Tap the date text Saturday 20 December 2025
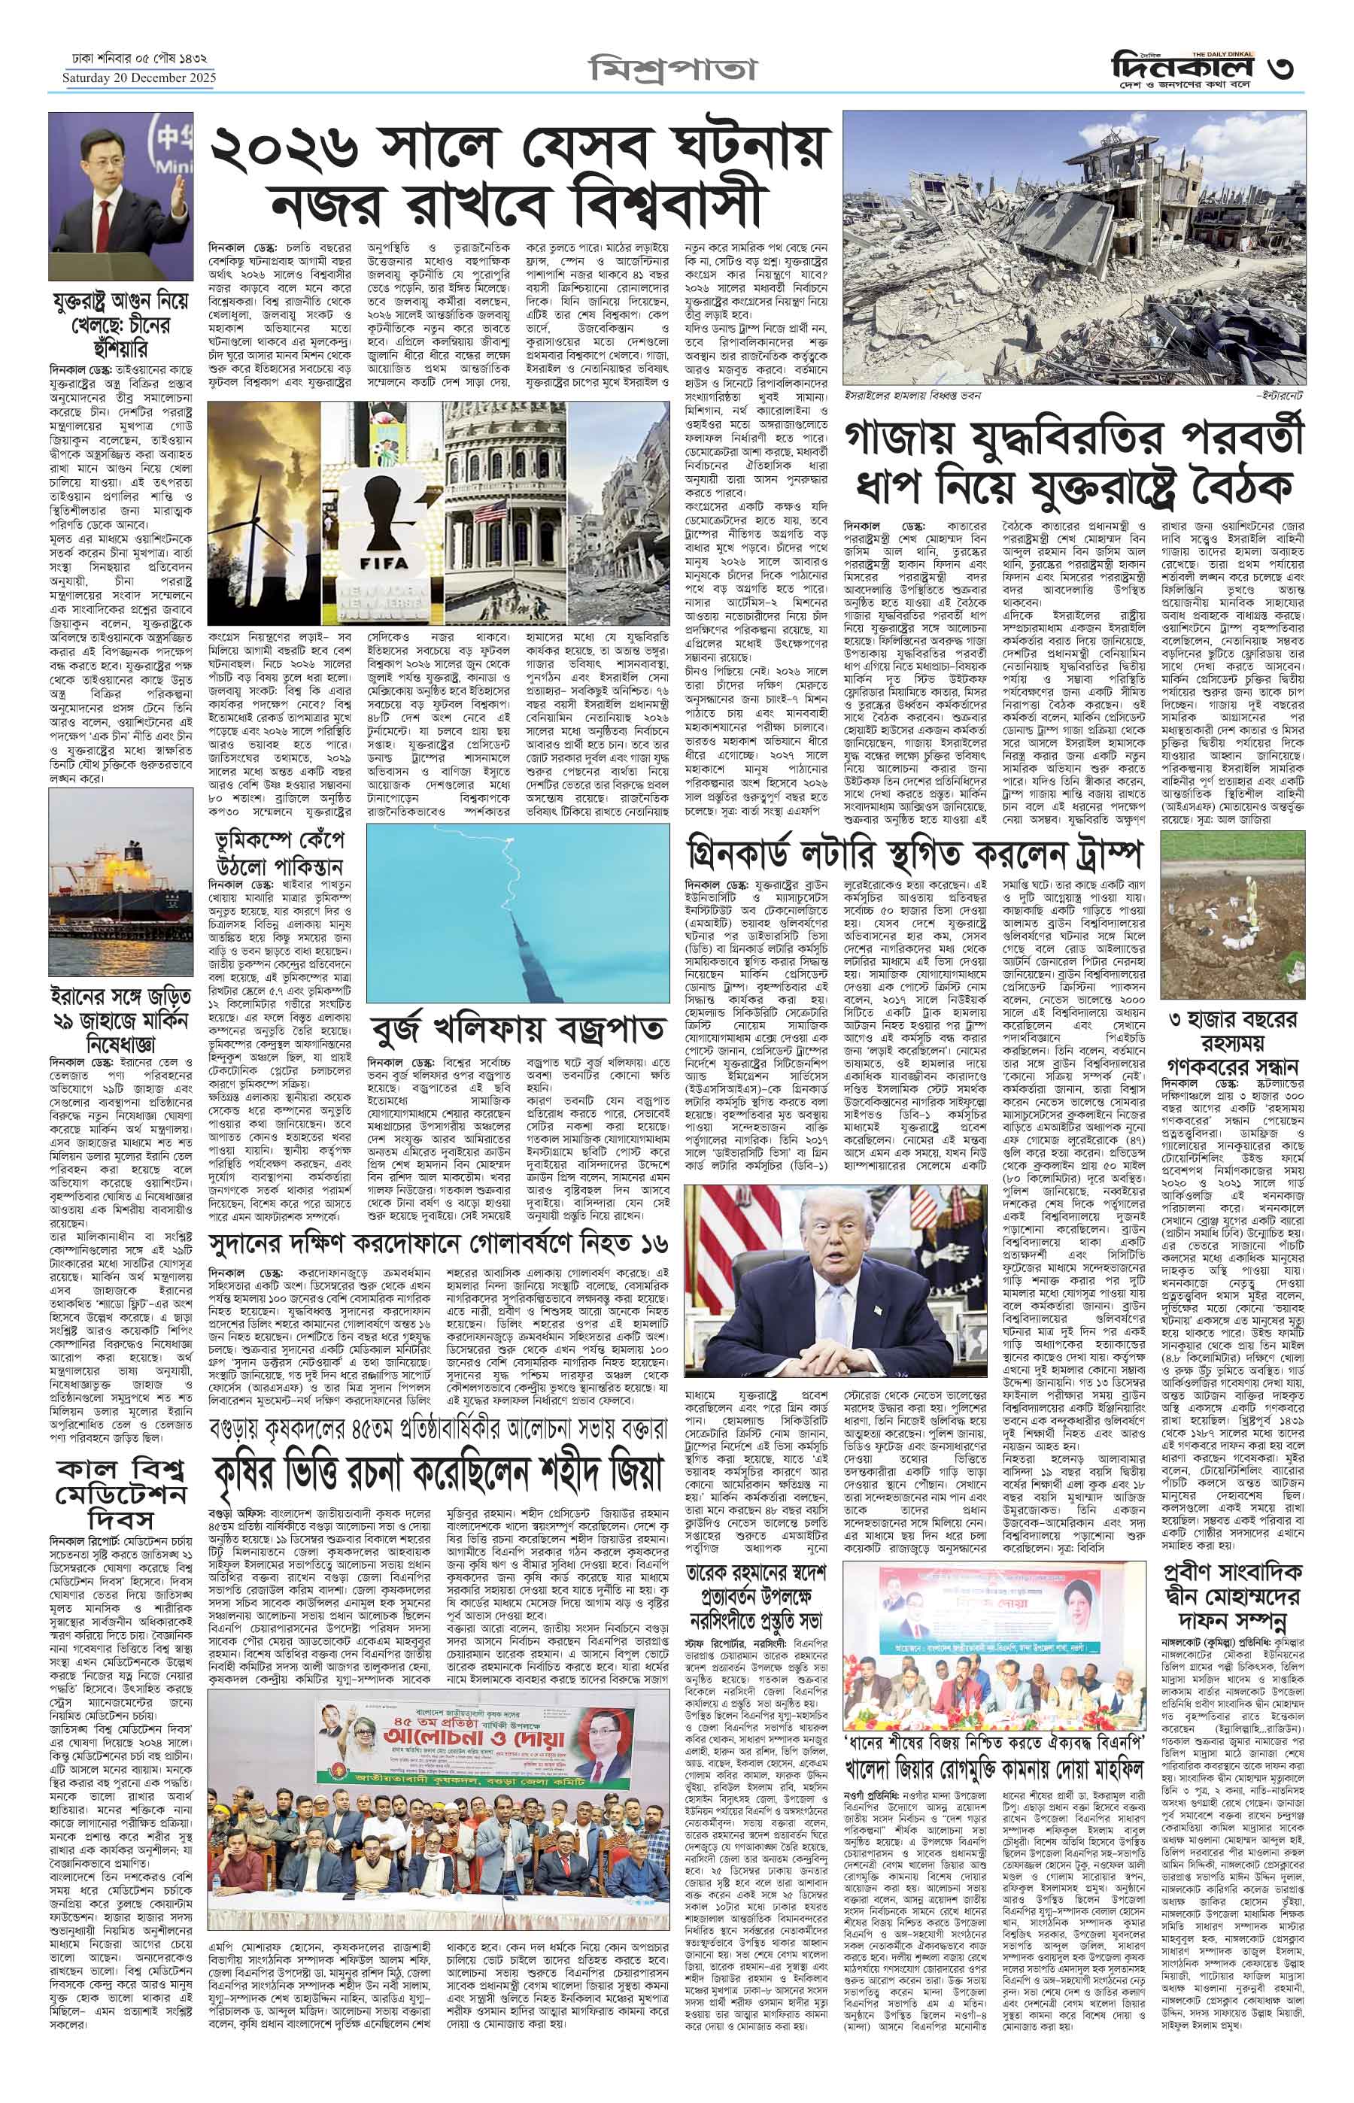tap(138, 78)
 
